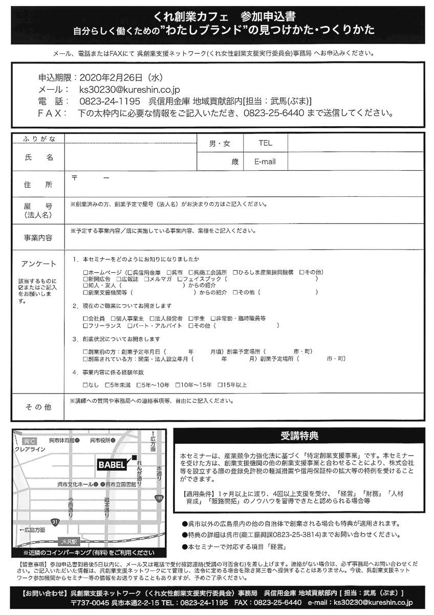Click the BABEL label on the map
[x=112, y=465]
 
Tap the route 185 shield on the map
[x=160, y=498]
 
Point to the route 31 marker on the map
[x=55, y=522]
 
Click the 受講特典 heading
[x=299, y=436]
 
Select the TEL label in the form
[x=265, y=143]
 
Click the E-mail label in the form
[x=265, y=161]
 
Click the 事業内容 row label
[x=38, y=238]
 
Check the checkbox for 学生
[x=191, y=318]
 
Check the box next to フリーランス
[x=85, y=325]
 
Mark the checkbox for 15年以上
[x=220, y=384]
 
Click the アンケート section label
[x=39, y=264]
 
